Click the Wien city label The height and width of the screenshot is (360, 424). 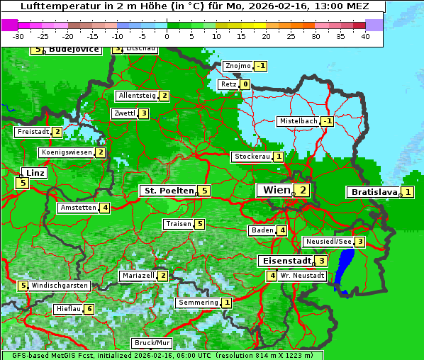[x=276, y=190]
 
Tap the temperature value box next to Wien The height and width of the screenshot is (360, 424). [x=303, y=190]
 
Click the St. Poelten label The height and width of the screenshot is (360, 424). [x=167, y=191]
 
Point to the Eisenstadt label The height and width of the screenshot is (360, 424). [x=284, y=261]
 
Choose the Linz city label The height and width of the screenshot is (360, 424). [x=35, y=173]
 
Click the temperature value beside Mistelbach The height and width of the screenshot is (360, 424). [x=327, y=121]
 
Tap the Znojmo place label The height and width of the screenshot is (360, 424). [x=238, y=66]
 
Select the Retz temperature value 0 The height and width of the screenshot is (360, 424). [x=245, y=84]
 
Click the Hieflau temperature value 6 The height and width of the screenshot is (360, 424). [x=89, y=309]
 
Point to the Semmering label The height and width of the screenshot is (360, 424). [x=198, y=303]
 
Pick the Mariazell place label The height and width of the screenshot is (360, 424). [x=138, y=275]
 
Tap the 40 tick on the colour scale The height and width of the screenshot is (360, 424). [x=364, y=36]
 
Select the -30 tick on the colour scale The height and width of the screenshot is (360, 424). [x=18, y=36]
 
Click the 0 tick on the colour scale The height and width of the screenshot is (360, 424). [x=167, y=36]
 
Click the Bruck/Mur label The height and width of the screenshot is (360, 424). [x=152, y=342]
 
